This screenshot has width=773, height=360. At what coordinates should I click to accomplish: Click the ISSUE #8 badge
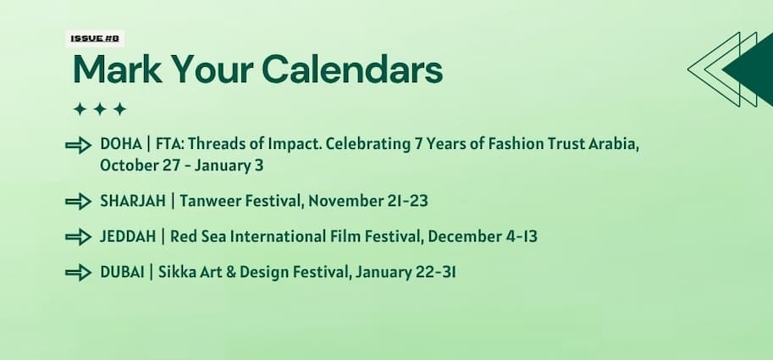pyautogui.click(x=95, y=38)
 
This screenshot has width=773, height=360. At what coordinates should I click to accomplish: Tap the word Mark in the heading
pyautogui.click(x=118, y=69)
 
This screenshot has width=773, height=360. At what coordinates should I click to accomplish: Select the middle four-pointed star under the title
pyautogui.click(x=100, y=109)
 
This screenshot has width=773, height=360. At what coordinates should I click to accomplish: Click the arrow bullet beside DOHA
pyautogui.click(x=79, y=146)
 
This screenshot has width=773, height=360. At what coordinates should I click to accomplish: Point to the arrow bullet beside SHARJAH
pyautogui.click(x=79, y=202)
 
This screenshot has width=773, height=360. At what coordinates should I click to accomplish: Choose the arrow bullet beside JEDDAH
pyautogui.click(x=79, y=237)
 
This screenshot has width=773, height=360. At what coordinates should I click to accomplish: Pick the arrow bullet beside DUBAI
pyautogui.click(x=79, y=273)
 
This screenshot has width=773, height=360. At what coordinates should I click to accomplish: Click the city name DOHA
pyautogui.click(x=121, y=145)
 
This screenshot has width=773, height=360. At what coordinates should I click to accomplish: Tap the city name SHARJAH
pyautogui.click(x=133, y=202)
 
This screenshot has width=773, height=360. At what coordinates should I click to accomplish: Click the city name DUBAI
pyautogui.click(x=122, y=272)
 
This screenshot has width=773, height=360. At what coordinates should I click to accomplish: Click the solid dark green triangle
pyautogui.click(x=749, y=69)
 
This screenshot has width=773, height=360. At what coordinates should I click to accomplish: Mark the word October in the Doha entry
pyautogui.click(x=128, y=166)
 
